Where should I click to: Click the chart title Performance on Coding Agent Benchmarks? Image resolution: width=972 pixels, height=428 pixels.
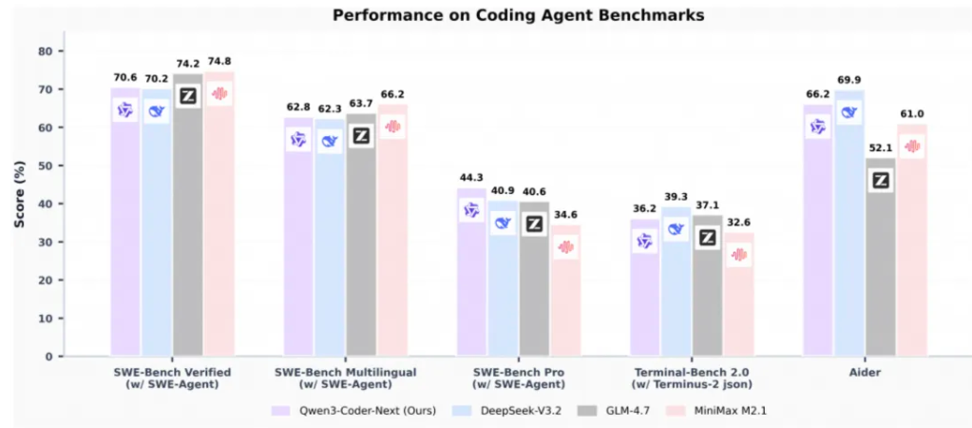[x=485, y=15]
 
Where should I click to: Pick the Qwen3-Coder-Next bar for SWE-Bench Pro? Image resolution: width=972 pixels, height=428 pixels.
[x=472, y=285]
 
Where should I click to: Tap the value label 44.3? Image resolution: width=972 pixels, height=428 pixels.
[x=472, y=179]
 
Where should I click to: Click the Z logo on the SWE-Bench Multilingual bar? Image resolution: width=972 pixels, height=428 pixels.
[x=361, y=136]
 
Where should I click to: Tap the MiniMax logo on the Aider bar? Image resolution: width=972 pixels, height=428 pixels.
[x=912, y=146]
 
